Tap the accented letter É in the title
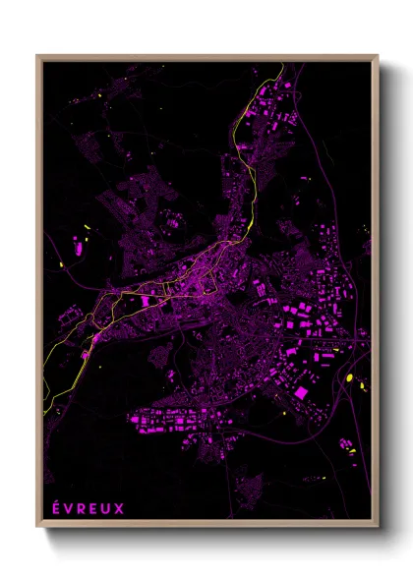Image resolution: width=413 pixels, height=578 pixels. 56,508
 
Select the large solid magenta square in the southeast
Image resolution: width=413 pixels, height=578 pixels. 301,393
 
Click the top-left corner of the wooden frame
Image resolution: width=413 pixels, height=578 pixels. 37,56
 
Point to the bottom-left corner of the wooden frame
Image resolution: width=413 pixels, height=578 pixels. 37,528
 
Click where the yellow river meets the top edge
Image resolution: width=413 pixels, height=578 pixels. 283,65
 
